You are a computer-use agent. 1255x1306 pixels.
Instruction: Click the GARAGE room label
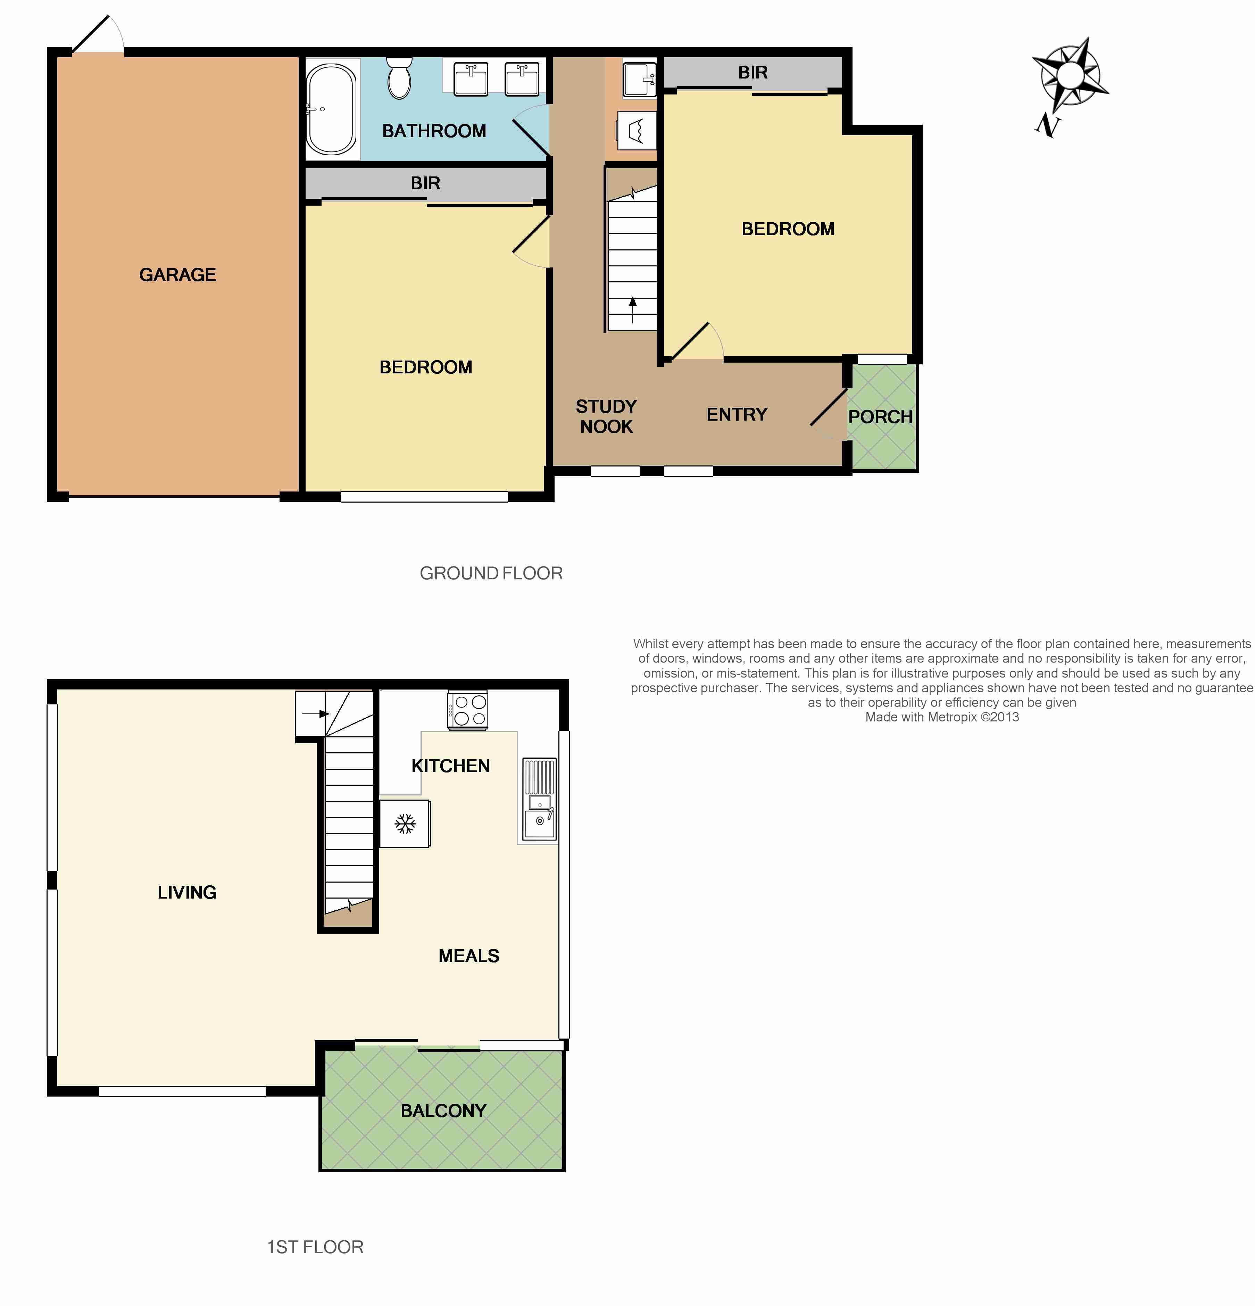click(x=177, y=274)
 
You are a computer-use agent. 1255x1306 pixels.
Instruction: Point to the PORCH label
click(x=880, y=417)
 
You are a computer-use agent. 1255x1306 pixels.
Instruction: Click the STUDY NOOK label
click(x=606, y=416)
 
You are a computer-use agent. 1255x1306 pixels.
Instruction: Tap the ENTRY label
click(x=737, y=414)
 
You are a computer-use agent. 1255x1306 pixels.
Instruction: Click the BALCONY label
click(x=443, y=1111)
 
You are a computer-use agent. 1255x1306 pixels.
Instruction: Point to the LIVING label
click(x=187, y=892)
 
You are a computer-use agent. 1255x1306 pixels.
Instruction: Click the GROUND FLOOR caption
click(x=491, y=573)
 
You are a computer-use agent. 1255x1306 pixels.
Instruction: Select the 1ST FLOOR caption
click(x=315, y=1247)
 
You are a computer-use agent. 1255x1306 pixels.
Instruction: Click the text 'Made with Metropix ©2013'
click(x=942, y=717)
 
